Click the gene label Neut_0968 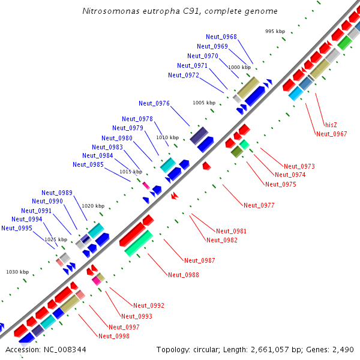pyautogui.click(x=221, y=37)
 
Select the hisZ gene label pyautogui.click(x=331, y=125)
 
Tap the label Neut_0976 pyautogui.click(x=154, y=103)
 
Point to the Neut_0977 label pyautogui.click(x=259, y=205)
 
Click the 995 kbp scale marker pyautogui.click(x=275, y=31)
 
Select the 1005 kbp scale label pyautogui.click(x=204, y=103)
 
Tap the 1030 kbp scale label pyautogui.click(x=17, y=272)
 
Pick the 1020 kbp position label pyautogui.click(x=93, y=206)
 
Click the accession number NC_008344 pyautogui.click(x=65, y=350)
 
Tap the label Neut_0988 pyautogui.click(x=184, y=275)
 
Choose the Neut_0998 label pyautogui.click(x=114, y=336)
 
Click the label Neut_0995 pyautogui.click(x=17, y=228)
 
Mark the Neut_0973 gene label pyautogui.click(x=299, y=166)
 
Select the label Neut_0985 pyautogui.click(x=88, y=164)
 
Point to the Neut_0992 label pyautogui.click(x=149, y=305)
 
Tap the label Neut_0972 pyautogui.click(x=184, y=75)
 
